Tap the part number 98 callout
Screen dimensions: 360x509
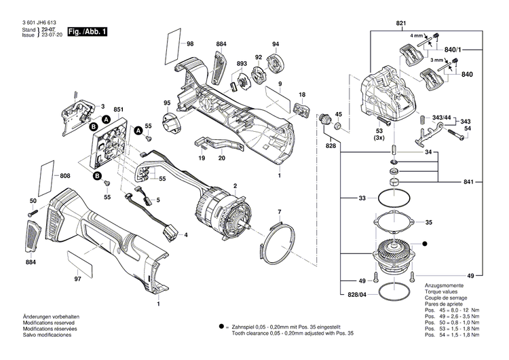point(190,44)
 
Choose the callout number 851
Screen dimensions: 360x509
point(118,109)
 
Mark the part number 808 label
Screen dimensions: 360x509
point(64,176)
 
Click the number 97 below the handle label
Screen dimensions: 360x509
point(77,278)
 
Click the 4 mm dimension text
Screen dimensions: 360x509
point(415,34)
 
